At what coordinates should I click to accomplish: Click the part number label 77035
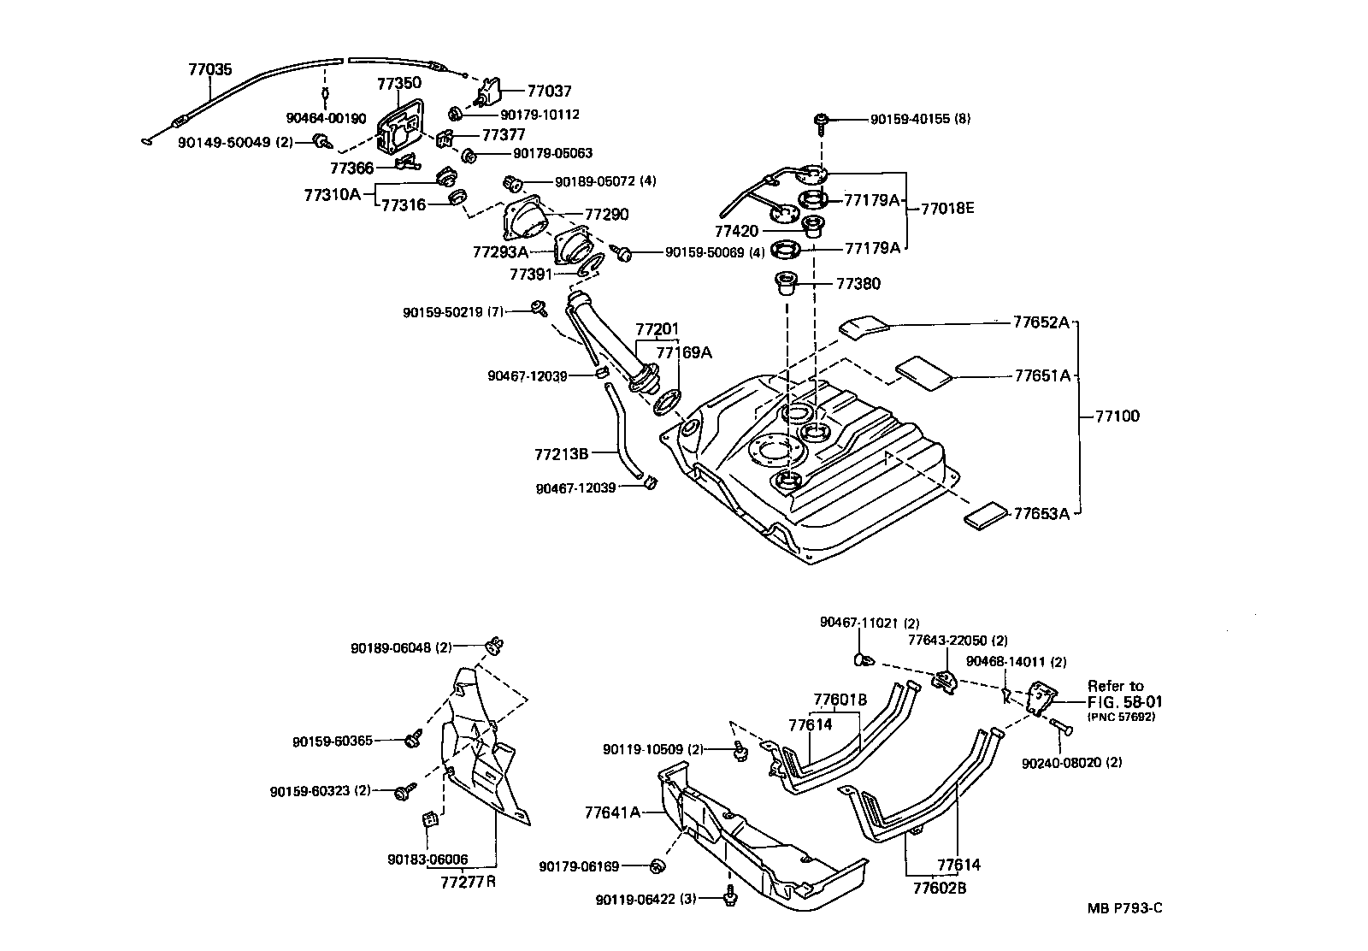[209, 69]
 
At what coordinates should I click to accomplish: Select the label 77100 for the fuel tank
[1117, 416]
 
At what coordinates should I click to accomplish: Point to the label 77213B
[561, 453]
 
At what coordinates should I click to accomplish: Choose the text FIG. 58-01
[1124, 701]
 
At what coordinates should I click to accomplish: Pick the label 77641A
[612, 812]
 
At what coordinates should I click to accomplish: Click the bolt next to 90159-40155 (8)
[823, 121]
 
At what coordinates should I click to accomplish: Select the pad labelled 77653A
[987, 516]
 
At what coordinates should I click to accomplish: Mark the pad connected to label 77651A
[923, 371]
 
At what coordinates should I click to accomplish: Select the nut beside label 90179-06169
[657, 866]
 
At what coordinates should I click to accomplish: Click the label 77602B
[939, 888]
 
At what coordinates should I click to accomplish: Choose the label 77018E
[946, 208]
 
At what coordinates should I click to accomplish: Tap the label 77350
[398, 83]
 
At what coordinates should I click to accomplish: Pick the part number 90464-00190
[326, 118]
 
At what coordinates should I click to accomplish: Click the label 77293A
[500, 252]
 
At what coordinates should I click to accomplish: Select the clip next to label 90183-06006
[431, 819]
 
